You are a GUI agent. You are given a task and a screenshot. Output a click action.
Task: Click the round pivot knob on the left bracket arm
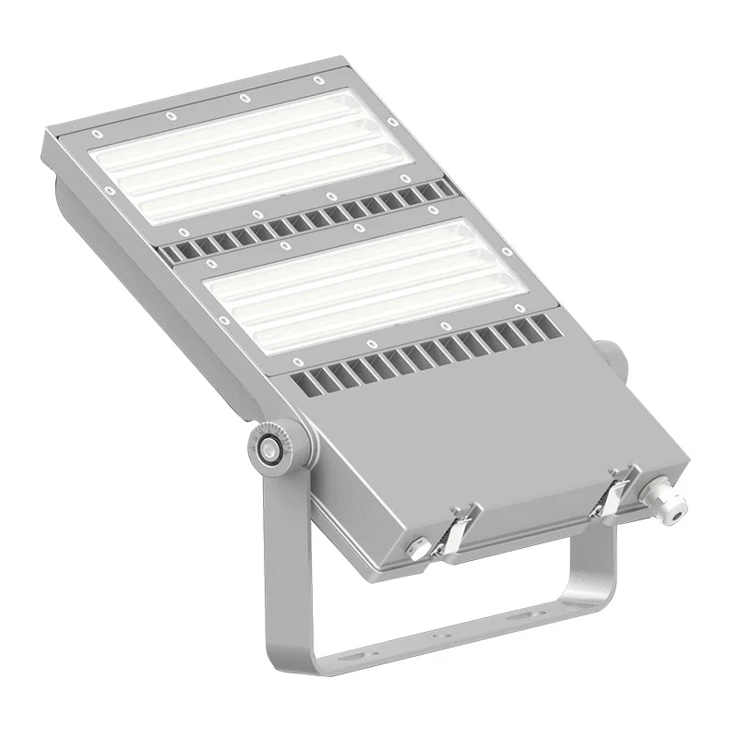coord(268,446)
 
